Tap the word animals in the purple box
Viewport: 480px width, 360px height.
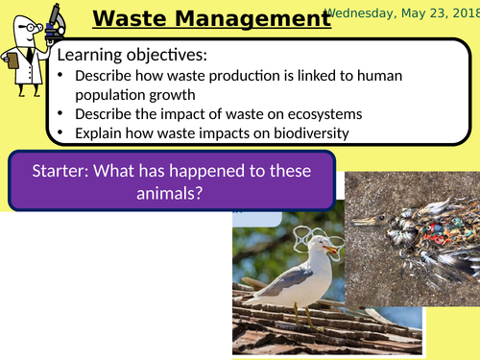click(x=173, y=194)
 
